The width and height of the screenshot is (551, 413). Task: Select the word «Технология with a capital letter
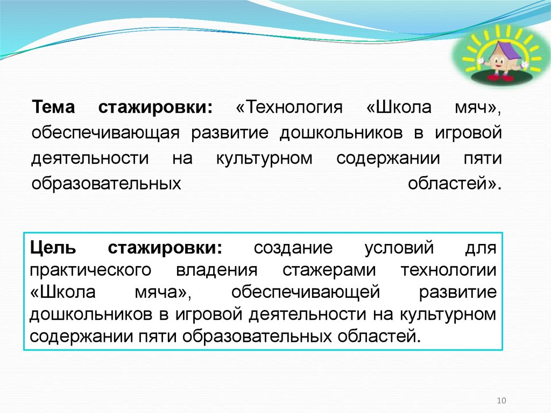coord(289,107)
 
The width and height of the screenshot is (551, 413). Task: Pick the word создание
coord(293,249)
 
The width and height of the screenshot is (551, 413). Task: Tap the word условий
coord(399,249)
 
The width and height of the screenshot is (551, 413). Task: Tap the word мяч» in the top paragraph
coord(474,107)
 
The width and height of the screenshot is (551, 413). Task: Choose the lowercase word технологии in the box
coord(448,270)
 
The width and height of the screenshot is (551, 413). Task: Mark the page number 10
coord(501,400)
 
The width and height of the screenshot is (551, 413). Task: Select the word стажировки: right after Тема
coord(156,107)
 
